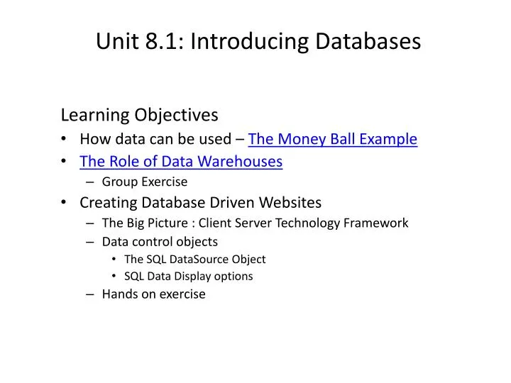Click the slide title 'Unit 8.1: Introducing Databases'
(x=258, y=41)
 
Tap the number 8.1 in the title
(x=159, y=41)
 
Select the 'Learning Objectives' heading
(x=139, y=114)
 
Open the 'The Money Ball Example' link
(x=332, y=138)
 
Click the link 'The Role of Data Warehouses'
(x=181, y=161)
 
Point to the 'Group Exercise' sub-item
(x=145, y=182)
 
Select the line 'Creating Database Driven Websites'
(x=200, y=203)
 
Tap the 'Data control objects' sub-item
(x=160, y=241)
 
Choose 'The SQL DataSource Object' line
(x=194, y=259)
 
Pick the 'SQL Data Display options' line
(x=188, y=276)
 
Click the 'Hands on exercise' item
(x=153, y=294)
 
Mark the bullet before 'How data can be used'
(x=65, y=139)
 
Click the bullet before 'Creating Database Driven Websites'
(x=65, y=204)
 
